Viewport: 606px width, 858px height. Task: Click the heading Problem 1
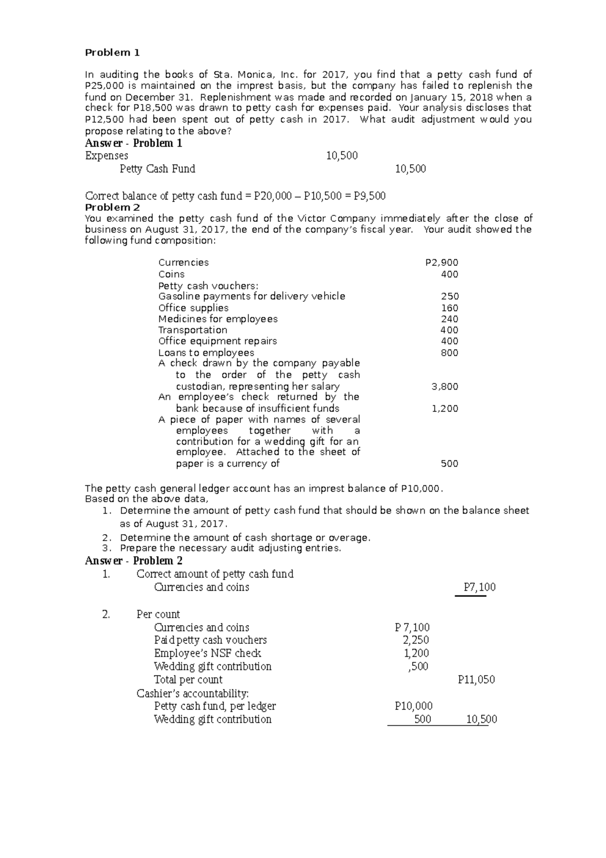click(x=112, y=53)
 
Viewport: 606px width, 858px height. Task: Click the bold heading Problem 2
click(x=113, y=208)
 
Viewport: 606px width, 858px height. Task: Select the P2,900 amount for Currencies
click(x=442, y=262)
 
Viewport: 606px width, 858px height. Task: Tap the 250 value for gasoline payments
click(x=449, y=297)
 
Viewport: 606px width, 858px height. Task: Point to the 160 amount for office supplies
click(x=449, y=308)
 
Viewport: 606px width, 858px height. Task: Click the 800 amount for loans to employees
click(x=449, y=353)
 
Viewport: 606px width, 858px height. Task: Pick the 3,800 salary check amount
click(x=444, y=387)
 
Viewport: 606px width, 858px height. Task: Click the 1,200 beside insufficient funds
click(x=444, y=408)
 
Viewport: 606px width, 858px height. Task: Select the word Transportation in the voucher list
click(x=192, y=330)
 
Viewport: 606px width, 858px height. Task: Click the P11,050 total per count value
click(x=476, y=680)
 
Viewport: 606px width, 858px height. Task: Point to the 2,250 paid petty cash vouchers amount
click(x=416, y=640)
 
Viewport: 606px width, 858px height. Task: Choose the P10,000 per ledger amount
click(x=414, y=706)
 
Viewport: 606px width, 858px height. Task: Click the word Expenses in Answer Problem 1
click(x=107, y=156)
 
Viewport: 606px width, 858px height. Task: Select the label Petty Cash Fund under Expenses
click(x=157, y=169)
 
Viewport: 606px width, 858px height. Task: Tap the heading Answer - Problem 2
click(x=134, y=561)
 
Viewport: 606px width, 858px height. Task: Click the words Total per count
click(x=188, y=680)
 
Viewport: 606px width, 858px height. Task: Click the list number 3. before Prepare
click(x=106, y=548)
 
